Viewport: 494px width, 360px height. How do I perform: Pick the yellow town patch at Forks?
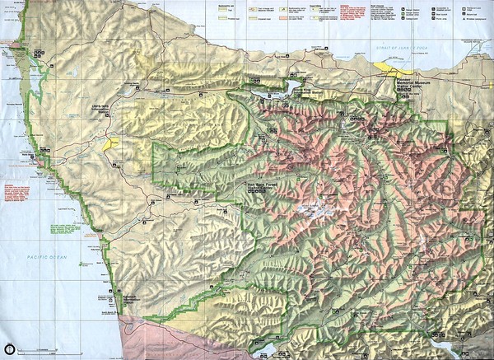[111, 144]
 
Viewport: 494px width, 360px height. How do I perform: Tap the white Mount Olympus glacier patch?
[311, 211]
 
